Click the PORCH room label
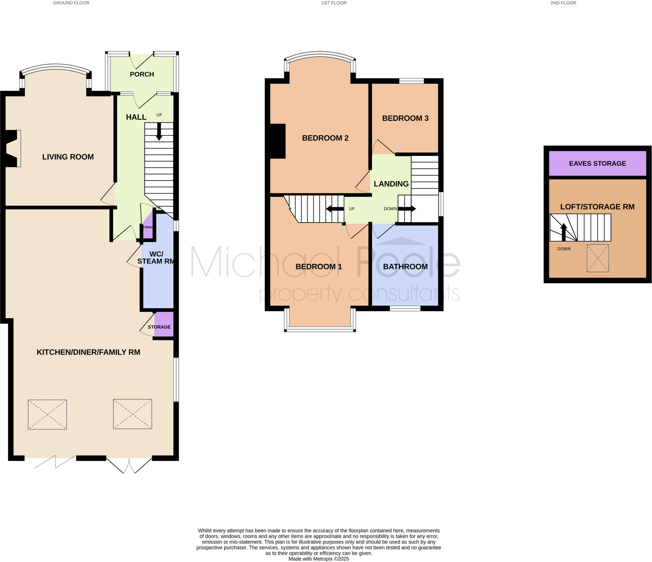pyautogui.click(x=142, y=74)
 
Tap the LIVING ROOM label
pyautogui.click(x=68, y=157)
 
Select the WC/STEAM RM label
pyautogui.click(x=156, y=258)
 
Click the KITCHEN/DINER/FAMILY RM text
pyautogui.click(x=88, y=352)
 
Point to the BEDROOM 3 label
pyautogui.click(x=405, y=118)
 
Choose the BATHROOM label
pyautogui.click(x=405, y=267)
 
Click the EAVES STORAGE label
pyautogui.click(x=597, y=163)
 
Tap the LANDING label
pyautogui.click(x=391, y=184)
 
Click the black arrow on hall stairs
pyautogui.click(x=159, y=132)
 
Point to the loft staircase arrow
pyautogui.click(x=563, y=232)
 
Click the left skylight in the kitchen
pyautogui.click(x=47, y=414)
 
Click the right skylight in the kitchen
pyautogui.click(x=132, y=414)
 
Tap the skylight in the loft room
pyautogui.click(x=598, y=258)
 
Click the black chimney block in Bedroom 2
pyautogui.click(x=278, y=141)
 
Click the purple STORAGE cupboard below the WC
pyautogui.click(x=164, y=324)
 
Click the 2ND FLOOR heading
pyautogui.click(x=563, y=3)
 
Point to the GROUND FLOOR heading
pyautogui.click(x=71, y=3)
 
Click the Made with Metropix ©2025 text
pyautogui.click(x=318, y=559)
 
